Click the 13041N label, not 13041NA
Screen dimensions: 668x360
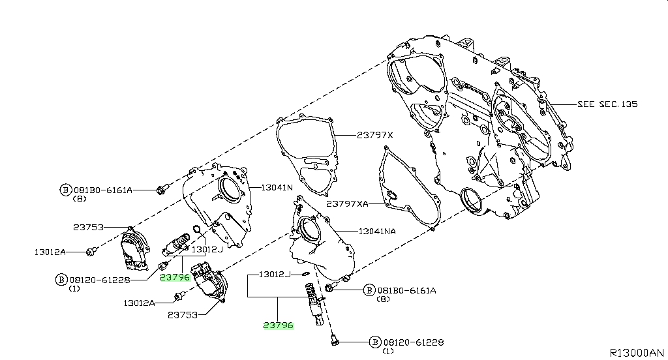[x=277, y=187]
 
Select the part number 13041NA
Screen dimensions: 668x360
[x=377, y=232]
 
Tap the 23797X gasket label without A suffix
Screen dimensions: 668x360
[x=375, y=135]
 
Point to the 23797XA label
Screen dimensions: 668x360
[x=347, y=203]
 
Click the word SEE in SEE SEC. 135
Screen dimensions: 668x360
[x=586, y=104]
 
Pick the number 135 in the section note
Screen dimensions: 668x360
[x=630, y=104]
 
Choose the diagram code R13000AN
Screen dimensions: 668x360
[x=637, y=353]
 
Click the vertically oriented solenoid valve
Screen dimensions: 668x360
[x=314, y=303]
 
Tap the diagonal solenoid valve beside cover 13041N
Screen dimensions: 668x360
[x=176, y=244]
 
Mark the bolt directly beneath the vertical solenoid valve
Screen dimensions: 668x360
[x=335, y=340]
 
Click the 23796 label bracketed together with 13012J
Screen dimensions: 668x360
[x=278, y=325]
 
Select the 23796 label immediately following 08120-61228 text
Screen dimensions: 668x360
[x=175, y=277]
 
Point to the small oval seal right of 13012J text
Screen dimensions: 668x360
[x=307, y=273]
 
